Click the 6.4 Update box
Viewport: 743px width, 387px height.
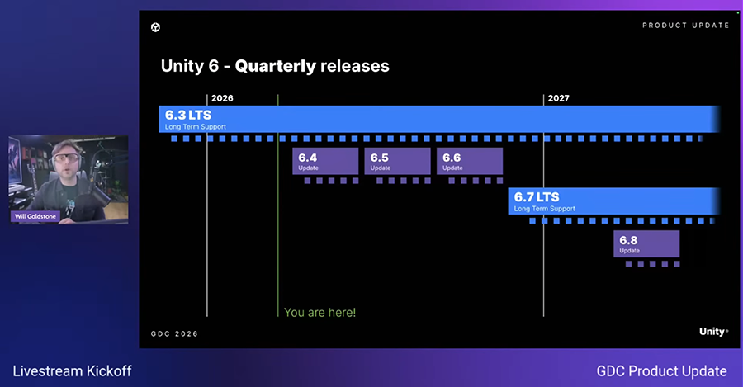tap(325, 161)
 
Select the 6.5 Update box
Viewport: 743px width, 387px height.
tap(397, 161)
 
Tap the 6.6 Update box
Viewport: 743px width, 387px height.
tap(470, 161)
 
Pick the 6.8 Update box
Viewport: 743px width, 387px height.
tap(646, 244)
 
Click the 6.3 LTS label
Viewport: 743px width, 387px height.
tap(188, 115)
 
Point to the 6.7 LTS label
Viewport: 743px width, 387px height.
tap(537, 197)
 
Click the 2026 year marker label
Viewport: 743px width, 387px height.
tap(222, 98)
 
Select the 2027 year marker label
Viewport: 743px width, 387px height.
tap(559, 98)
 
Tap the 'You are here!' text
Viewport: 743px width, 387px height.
tap(319, 313)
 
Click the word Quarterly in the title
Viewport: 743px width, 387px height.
tap(275, 66)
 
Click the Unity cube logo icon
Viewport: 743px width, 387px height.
tap(155, 27)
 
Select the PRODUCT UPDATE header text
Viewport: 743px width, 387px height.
tap(686, 25)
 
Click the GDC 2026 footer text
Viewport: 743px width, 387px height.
tap(174, 333)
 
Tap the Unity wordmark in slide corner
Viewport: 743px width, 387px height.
tap(713, 332)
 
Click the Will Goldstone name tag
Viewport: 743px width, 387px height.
tap(35, 216)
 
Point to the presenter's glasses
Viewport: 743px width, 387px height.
tap(66, 158)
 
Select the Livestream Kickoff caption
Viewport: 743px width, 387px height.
tap(72, 370)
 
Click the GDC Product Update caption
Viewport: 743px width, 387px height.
tap(661, 370)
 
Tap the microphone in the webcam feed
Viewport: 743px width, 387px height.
tap(97, 188)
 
